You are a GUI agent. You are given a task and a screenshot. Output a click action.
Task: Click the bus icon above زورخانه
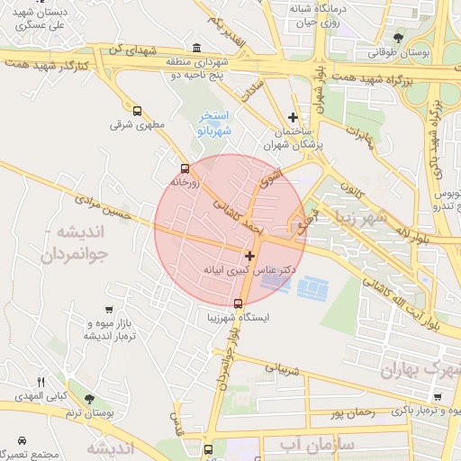[x=185, y=168]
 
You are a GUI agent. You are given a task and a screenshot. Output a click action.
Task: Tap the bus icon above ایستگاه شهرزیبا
[x=238, y=303]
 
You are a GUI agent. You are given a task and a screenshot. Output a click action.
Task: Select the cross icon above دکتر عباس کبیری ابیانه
[x=249, y=256]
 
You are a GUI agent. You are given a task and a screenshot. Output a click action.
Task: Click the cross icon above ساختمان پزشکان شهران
[x=293, y=117]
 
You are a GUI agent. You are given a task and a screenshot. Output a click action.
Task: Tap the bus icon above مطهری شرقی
[x=137, y=111]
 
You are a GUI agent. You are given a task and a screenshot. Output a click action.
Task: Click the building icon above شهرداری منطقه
[x=197, y=48]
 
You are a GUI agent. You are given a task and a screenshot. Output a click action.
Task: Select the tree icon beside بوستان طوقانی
[x=398, y=37]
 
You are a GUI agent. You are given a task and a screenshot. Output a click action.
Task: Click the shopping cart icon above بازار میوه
[x=109, y=310]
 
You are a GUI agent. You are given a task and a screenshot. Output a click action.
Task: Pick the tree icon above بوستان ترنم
[x=88, y=398]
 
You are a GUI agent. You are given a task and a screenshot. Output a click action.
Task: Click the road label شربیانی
[x=280, y=369]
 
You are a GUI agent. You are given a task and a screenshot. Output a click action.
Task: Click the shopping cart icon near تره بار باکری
[x=438, y=397]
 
